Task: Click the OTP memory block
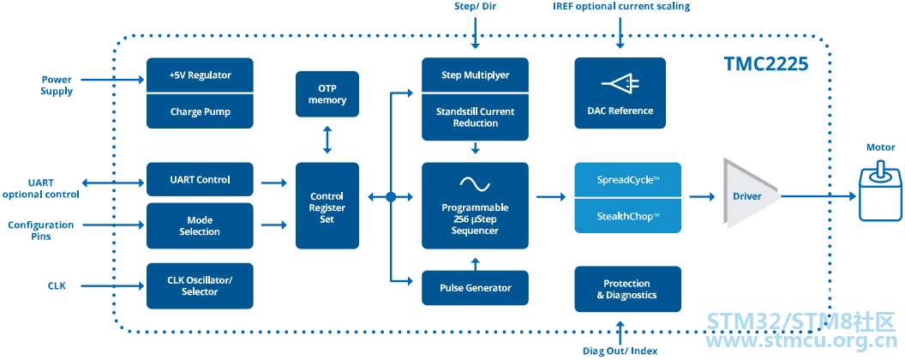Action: (x=327, y=94)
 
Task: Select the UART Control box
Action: (x=200, y=179)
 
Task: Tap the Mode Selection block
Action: (x=200, y=225)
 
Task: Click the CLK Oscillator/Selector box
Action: (x=200, y=285)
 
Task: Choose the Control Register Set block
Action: (x=327, y=206)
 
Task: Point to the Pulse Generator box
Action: (x=475, y=288)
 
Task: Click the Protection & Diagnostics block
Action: (x=628, y=289)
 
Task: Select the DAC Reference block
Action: (x=620, y=93)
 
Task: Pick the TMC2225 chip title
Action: (x=766, y=63)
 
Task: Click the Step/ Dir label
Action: (x=475, y=7)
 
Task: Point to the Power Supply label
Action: (x=57, y=86)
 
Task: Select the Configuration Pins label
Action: (x=40, y=231)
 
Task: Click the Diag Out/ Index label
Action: (x=620, y=351)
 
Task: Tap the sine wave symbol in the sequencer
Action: (x=475, y=184)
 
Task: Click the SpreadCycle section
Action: (x=628, y=180)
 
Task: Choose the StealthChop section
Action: (x=628, y=216)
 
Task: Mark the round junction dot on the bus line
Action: (x=391, y=197)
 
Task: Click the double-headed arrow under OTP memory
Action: (x=327, y=141)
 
